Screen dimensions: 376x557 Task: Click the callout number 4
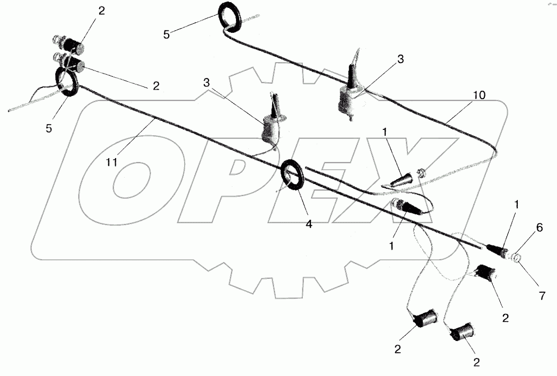pyautogui.click(x=309, y=224)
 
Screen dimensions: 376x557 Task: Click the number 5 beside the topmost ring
pyautogui.click(x=167, y=34)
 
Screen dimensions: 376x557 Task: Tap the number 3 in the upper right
pyautogui.click(x=401, y=59)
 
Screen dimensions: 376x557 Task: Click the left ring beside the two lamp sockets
pyautogui.click(x=67, y=83)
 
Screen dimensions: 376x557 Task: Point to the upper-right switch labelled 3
pyautogui.click(x=351, y=95)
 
